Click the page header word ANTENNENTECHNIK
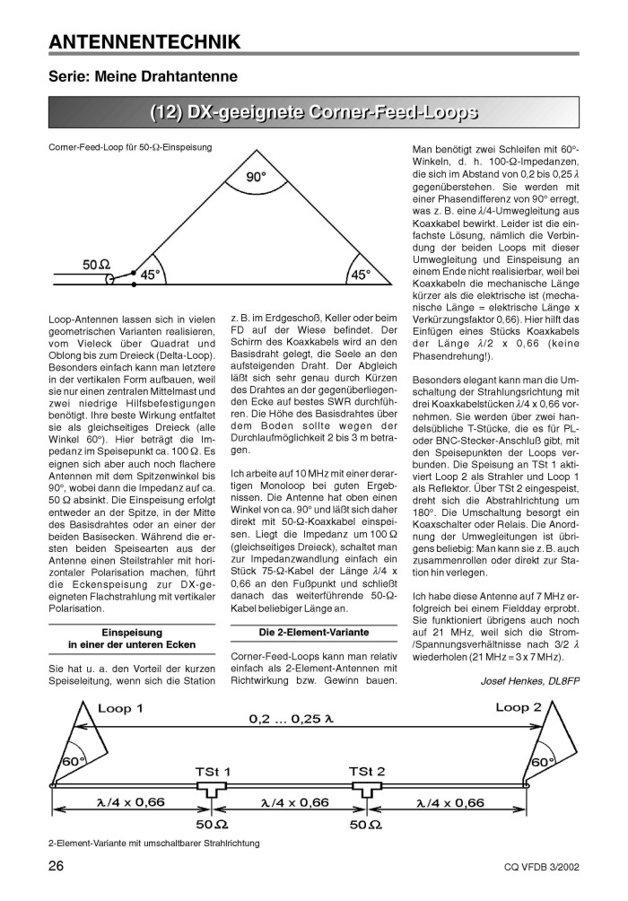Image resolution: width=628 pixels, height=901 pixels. click(144, 41)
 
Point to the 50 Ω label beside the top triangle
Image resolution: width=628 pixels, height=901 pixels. click(97, 265)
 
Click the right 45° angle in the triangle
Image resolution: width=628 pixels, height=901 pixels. click(360, 276)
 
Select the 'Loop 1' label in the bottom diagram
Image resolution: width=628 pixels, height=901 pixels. click(120, 708)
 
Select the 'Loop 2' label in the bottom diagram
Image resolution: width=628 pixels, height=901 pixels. click(519, 707)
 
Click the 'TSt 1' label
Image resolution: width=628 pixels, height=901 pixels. click(213, 771)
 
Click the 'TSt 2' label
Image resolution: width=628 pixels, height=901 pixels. click(367, 771)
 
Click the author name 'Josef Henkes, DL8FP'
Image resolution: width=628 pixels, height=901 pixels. click(531, 681)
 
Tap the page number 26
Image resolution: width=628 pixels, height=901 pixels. click(56, 866)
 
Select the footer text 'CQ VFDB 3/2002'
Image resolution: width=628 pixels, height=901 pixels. click(540, 868)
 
